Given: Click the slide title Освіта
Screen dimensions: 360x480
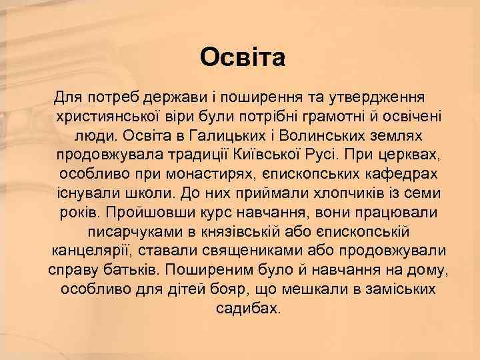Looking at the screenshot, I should coord(243,57).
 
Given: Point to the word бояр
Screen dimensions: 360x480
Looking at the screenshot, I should coord(225,290).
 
